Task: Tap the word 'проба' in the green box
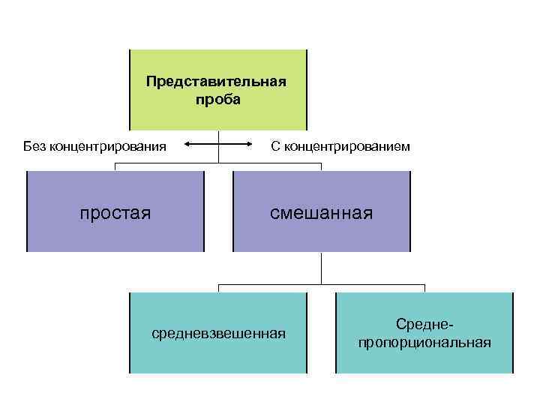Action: pos(217,100)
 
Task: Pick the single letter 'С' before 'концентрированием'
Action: pos(276,145)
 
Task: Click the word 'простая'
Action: pos(115,213)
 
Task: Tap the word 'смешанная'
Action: pos(322,213)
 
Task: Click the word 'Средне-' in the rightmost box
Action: pos(424,324)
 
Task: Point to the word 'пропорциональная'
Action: pos(424,343)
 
